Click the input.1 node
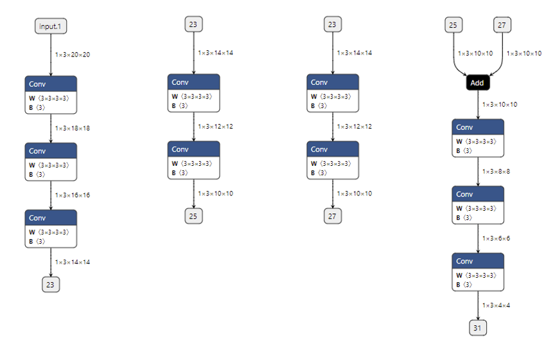[51, 26]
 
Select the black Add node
[477, 83]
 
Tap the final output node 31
[478, 328]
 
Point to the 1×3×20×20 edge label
[73, 55]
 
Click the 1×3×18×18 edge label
[73, 129]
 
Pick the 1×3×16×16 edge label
[73, 195]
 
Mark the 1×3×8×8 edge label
[497, 172]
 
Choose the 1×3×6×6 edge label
[497, 239]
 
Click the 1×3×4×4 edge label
[497, 305]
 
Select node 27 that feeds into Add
[502, 25]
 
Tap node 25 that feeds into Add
[454, 25]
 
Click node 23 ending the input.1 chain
[51, 283]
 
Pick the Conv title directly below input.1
[51, 84]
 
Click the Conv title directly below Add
[477, 127]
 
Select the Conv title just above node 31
[477, 261]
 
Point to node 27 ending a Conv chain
[332, 216]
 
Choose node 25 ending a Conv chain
[193, 216]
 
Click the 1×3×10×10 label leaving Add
[500, 104]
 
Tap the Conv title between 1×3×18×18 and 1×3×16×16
[51, 151]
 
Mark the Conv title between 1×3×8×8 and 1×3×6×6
[477, 194]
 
